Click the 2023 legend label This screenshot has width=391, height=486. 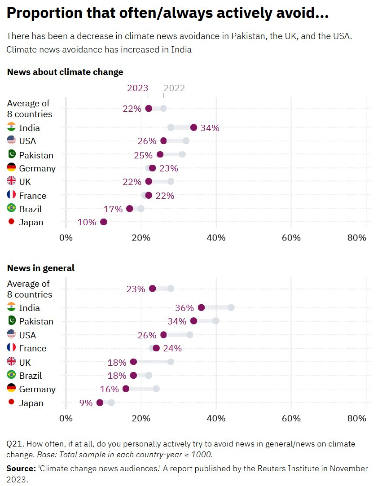(137, 88)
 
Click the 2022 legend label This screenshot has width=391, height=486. (174, 88)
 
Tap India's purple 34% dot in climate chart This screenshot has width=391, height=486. (193, 127)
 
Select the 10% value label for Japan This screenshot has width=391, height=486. (87, 222)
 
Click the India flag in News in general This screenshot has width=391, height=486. (12, 307)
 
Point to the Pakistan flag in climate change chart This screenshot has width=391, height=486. (12, 155)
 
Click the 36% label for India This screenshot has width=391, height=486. (185, 308)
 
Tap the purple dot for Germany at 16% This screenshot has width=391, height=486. (126, 389)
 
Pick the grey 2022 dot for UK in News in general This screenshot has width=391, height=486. (171, 362)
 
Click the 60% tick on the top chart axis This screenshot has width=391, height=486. (291, 237)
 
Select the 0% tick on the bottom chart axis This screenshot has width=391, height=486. (66, 418)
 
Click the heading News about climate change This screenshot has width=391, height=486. (65, 72)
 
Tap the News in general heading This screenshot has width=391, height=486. (41, 268)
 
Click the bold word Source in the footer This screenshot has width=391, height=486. (21, 468)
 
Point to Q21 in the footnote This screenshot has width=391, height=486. (15, 444)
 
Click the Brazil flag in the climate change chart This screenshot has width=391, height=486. (12, 208)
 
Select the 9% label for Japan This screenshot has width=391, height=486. (86, 403)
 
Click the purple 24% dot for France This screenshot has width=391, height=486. (156, 348)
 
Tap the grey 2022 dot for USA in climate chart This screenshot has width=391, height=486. (186, 141)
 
